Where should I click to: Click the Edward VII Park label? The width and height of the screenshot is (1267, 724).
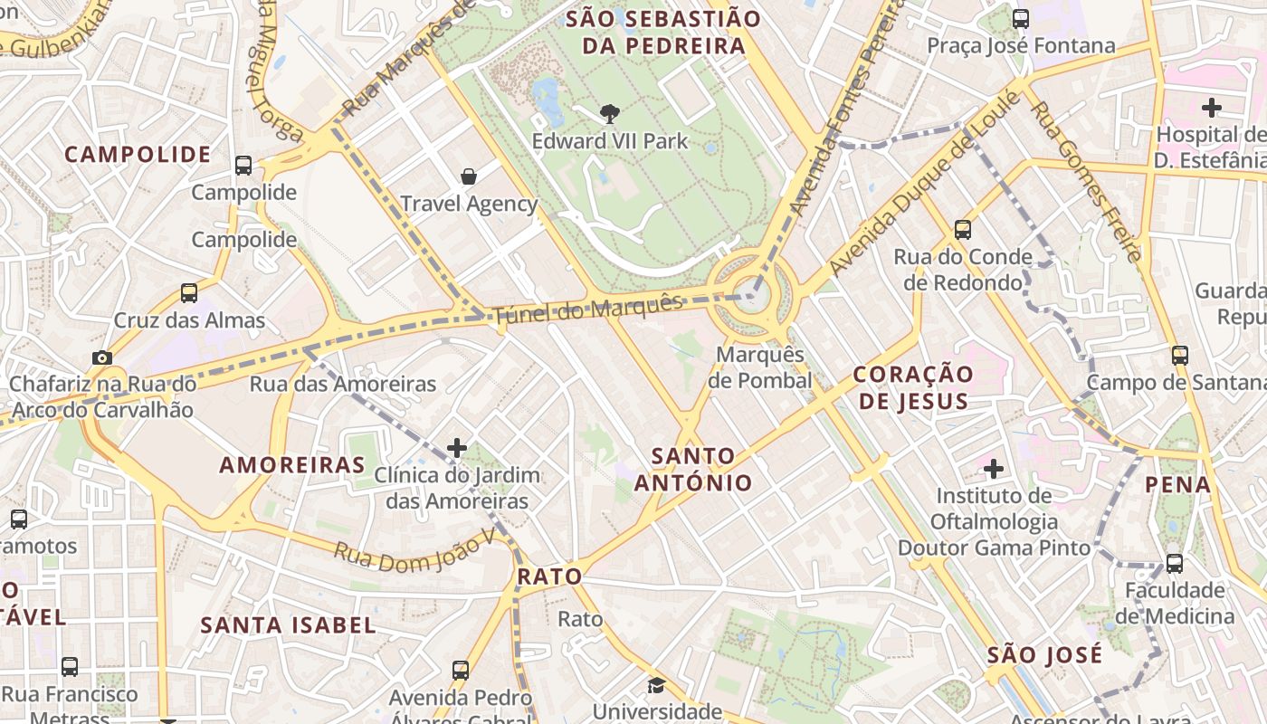point(609,141)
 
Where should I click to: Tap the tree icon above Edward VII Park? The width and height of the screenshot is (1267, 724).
point(610,114)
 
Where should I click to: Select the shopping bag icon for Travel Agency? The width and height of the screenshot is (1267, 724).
point(469,176)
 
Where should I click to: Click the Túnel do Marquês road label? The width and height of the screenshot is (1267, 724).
point(588,309)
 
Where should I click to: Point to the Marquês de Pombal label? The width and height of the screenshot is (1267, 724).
point(759,367)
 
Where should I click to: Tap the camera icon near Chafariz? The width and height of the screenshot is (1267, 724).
point(101,357)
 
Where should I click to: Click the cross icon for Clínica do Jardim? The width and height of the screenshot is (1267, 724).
point(457,448)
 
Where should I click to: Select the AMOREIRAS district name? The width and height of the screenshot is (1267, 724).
point(292,465)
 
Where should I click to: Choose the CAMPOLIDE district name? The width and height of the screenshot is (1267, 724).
point(138,154)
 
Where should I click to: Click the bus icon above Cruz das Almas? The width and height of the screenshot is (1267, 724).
point(189,293)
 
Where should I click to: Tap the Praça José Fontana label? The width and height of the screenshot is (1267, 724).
point(1021,45)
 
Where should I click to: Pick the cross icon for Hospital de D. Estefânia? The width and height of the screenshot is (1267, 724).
point(1211,109)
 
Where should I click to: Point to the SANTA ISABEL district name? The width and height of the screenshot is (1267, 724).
point(288,624)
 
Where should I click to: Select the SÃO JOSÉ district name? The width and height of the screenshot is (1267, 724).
point(1044,654)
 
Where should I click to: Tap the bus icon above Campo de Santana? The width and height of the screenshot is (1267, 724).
point(1179,355)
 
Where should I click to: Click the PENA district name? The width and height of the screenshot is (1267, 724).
point(1177,484)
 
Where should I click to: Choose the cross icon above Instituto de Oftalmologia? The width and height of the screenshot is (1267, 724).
point(994,469)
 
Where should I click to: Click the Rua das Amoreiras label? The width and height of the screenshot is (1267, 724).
point(343,384)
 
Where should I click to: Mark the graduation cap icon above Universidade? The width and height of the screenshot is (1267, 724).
point(655,685)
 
